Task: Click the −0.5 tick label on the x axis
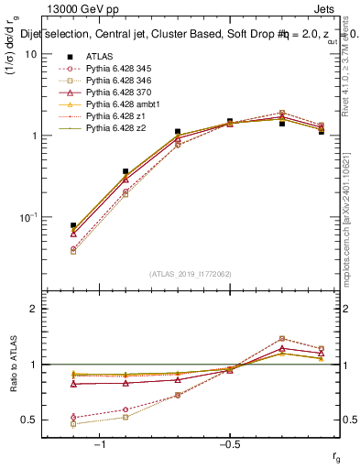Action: (x=229, y=444)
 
